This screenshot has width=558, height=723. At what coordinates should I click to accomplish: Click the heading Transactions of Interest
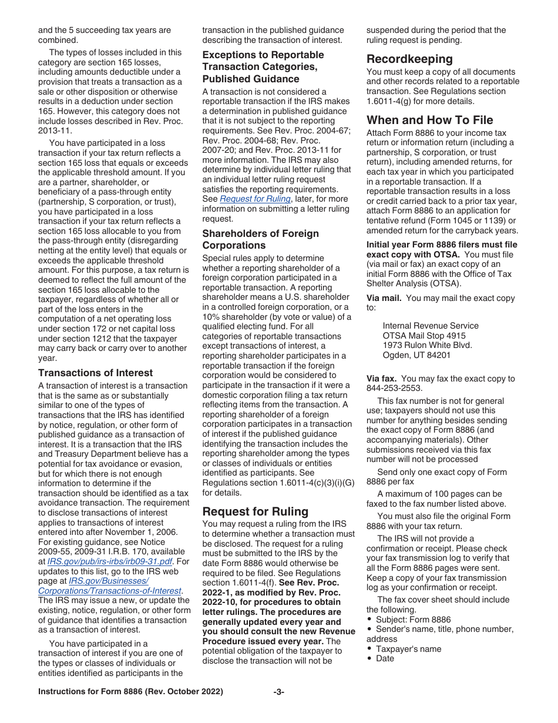coord(95,373)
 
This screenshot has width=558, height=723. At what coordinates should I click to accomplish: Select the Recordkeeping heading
coord(409,59)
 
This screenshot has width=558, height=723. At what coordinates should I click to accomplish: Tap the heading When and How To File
coord(430,120)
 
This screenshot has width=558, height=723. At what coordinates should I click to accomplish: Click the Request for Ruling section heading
coord(255,511)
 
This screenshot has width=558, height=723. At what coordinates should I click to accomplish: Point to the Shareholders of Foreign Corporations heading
coord(261,239)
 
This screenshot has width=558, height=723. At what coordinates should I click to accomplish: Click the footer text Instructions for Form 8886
coord(130,692)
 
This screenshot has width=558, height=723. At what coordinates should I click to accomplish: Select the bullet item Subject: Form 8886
coord(413,620)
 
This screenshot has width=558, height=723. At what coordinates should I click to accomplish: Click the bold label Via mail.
coord(384,297)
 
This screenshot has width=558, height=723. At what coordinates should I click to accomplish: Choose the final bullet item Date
coord(385,658)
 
